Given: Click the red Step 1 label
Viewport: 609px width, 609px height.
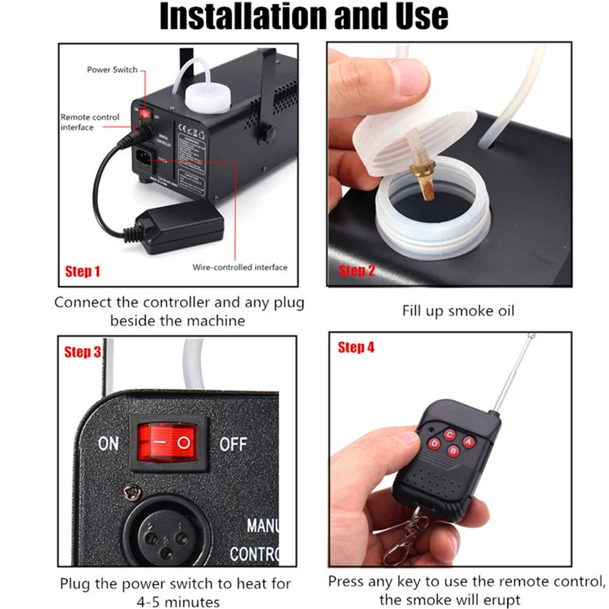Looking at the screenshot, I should (x=82, y=271).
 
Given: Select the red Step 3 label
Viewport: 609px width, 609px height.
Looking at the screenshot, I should (x=82, y=352).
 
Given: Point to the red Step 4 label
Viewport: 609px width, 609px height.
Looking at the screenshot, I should (x=356, y=348).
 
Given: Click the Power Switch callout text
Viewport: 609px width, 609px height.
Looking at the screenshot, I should (x=112, y=70).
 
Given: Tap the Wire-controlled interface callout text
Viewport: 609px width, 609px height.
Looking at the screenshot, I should (x=240, y=267).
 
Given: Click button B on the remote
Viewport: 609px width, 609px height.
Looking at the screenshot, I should (x=452, y=451).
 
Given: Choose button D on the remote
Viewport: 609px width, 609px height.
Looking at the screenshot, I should (x=435, y=444).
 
